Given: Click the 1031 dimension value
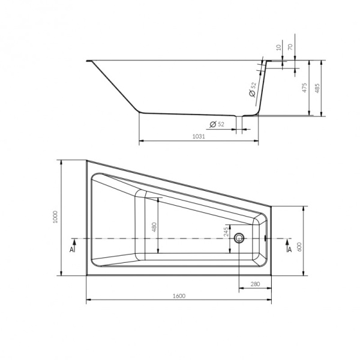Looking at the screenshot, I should [199, 137].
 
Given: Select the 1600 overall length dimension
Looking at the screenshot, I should [179, 296].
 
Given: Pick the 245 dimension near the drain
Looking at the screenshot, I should [227, 229].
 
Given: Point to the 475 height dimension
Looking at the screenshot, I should [305, 88].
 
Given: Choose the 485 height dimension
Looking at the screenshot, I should [319, 88].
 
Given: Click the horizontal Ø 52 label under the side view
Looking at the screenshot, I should [217, 124].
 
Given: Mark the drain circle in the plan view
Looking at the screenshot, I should [240, 238].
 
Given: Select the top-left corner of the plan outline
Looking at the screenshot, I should [86, 160].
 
